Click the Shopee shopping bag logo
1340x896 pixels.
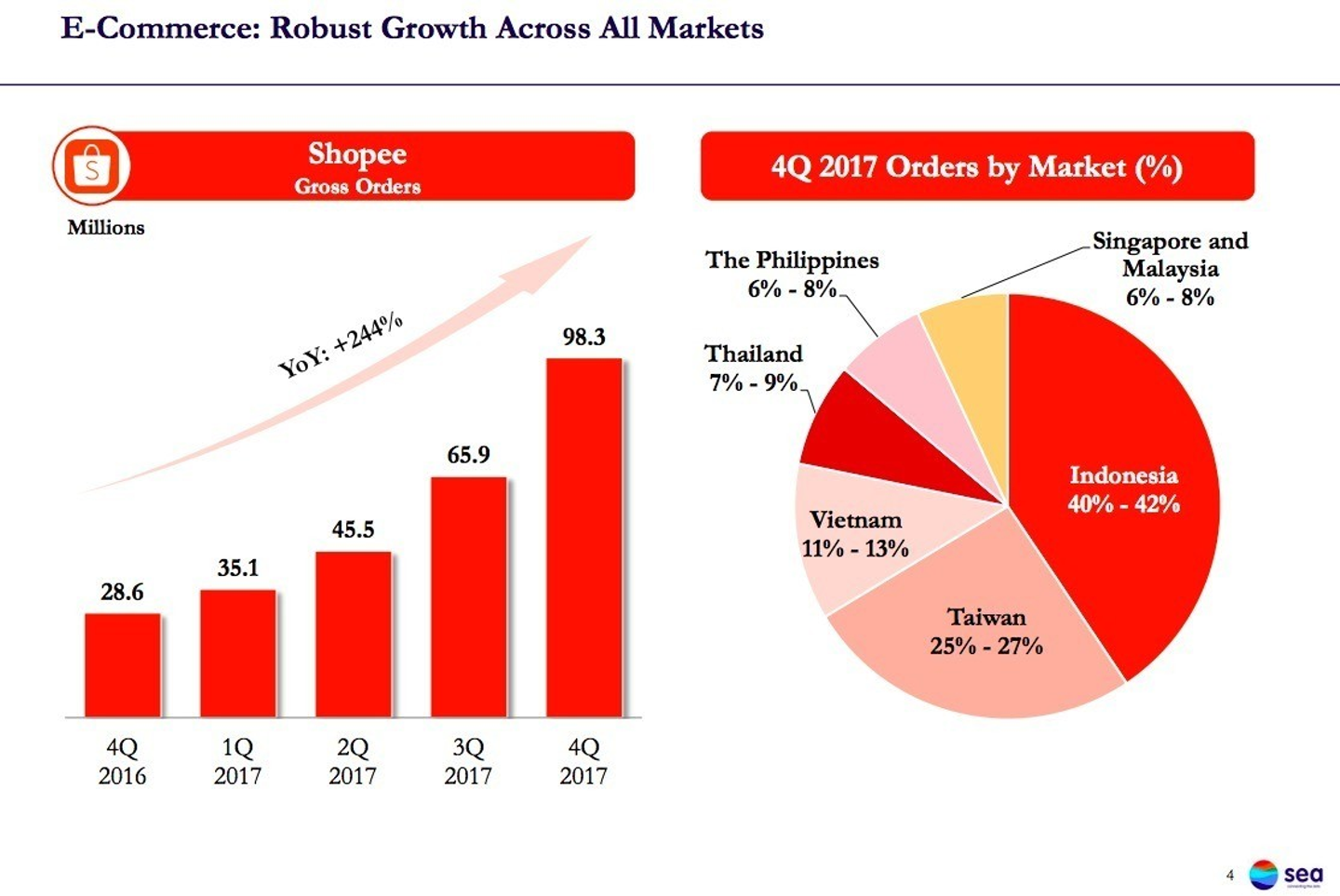click(91, 167)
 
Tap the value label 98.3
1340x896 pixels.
click(583, 337)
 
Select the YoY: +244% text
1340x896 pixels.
click(341, 345)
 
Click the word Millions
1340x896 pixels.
click(106, 228)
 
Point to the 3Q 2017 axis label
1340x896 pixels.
click(468, 761)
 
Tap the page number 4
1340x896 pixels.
click(1229, 876)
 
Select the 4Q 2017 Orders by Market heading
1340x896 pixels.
click(976, 167)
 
